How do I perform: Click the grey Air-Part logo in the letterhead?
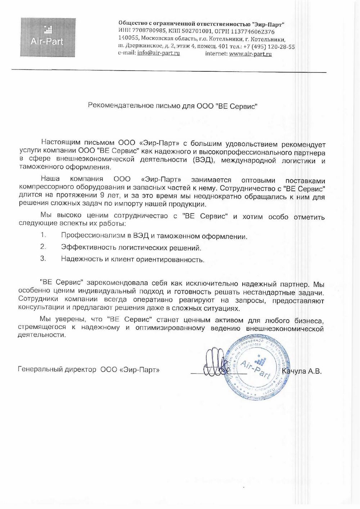tap(48, 37)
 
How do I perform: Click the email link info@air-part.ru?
tap(158, 53)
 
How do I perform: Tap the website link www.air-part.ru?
tap(250, 54)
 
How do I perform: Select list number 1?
tap(43, 235)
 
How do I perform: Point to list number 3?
tap(43, 258)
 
